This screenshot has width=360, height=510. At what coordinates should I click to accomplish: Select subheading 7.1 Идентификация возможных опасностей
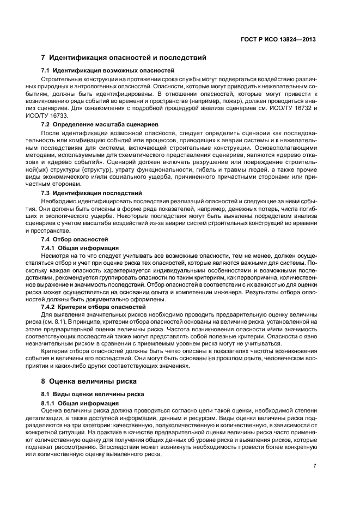108,70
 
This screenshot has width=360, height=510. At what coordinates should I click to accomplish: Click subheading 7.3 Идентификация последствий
91,193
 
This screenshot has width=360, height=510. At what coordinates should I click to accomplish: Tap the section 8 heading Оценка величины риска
89,380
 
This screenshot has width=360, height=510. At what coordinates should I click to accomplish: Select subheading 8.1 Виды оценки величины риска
93,393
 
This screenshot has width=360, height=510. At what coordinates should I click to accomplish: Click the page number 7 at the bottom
315,466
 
